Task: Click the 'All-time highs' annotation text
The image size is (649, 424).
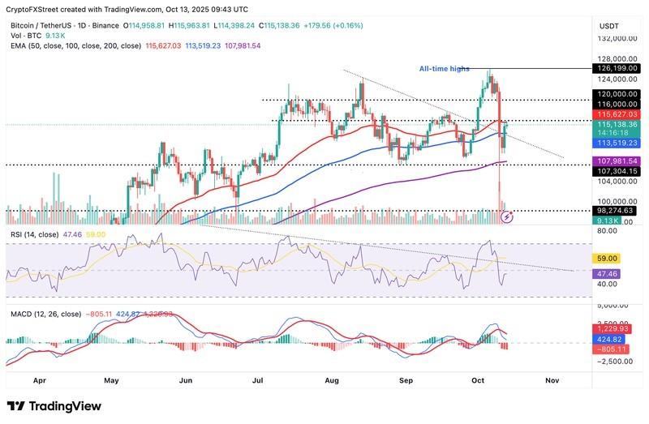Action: tap(444, 69)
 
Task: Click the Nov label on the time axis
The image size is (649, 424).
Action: tap(552, 379)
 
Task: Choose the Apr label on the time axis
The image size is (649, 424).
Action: tap(38, 379)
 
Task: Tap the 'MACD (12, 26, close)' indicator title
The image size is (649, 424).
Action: tap(45, 314)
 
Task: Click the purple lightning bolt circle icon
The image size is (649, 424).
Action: tap(508, 216)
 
